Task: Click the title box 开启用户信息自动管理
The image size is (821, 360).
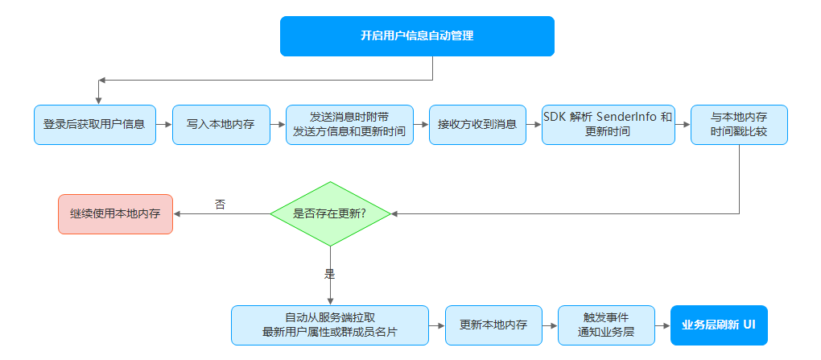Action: click(x=417, y=36)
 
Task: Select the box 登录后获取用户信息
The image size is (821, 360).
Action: click(x=95, y=125)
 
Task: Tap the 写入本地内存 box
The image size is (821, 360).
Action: click(x=221, y=125)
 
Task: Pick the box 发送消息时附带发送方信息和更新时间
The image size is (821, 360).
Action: click(x=349, y=125)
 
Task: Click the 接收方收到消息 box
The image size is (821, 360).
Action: click(x=477, y=125)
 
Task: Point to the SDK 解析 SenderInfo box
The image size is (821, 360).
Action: click(x=608, y=125)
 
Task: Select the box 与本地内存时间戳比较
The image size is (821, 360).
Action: click(x=739, y=125)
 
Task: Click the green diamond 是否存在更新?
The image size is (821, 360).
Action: click(x=330, y=213)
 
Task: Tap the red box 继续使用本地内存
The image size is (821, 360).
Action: click(x=115, y=213)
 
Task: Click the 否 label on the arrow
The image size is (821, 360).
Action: click(x=220, y=205)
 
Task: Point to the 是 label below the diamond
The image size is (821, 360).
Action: click(x=330, y=274)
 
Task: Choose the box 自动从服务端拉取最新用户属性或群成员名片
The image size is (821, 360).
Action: click(x=330, y=325)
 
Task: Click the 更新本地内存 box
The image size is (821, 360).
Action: click(x=493, y=325)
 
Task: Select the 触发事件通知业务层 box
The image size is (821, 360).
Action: click(x=606, y=325)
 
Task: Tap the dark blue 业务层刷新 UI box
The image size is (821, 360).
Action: click(x=719, y=325)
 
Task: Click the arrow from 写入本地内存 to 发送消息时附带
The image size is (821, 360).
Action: click(x=278, y=125)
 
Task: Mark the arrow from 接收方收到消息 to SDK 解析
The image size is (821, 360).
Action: click(x=534, y=125)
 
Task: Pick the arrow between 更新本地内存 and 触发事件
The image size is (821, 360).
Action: click(x=550, y=325)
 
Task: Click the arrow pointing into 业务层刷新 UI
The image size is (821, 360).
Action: click(x=663, y=325)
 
